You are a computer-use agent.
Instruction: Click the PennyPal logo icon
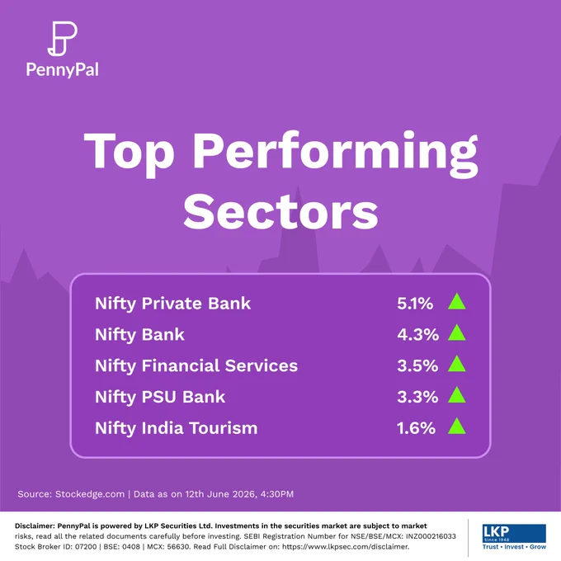[x=62, y=39]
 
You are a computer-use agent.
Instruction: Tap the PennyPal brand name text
[x=62, y=70]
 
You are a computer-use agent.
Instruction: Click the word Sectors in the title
[x=280, y=212]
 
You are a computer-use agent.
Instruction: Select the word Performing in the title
[x=335, y=153]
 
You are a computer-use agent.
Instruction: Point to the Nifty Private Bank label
[x=172, y=304]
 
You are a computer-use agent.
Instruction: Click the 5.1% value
[x=415, y=304]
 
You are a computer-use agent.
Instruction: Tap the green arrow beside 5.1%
[x=457, y=301]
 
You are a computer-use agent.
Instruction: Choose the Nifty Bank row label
[x=139, y=335]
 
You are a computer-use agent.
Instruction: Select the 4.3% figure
[x=417, y=335]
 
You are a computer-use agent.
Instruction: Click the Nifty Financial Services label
[x=196, y=365]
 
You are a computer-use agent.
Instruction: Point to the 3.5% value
[x=417, y=366]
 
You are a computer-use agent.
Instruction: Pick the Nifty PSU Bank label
[x=160, y=397]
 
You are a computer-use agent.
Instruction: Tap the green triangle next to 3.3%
[x=457, y=394]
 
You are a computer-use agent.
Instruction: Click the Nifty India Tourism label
[x=176, y=428]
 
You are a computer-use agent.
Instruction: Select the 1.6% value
[x=416, y=428]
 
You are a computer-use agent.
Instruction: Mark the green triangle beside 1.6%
[x=457, y=426]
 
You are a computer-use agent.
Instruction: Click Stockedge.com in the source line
[x=90, y=494]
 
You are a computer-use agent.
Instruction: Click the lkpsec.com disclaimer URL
[x=346, y=547]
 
